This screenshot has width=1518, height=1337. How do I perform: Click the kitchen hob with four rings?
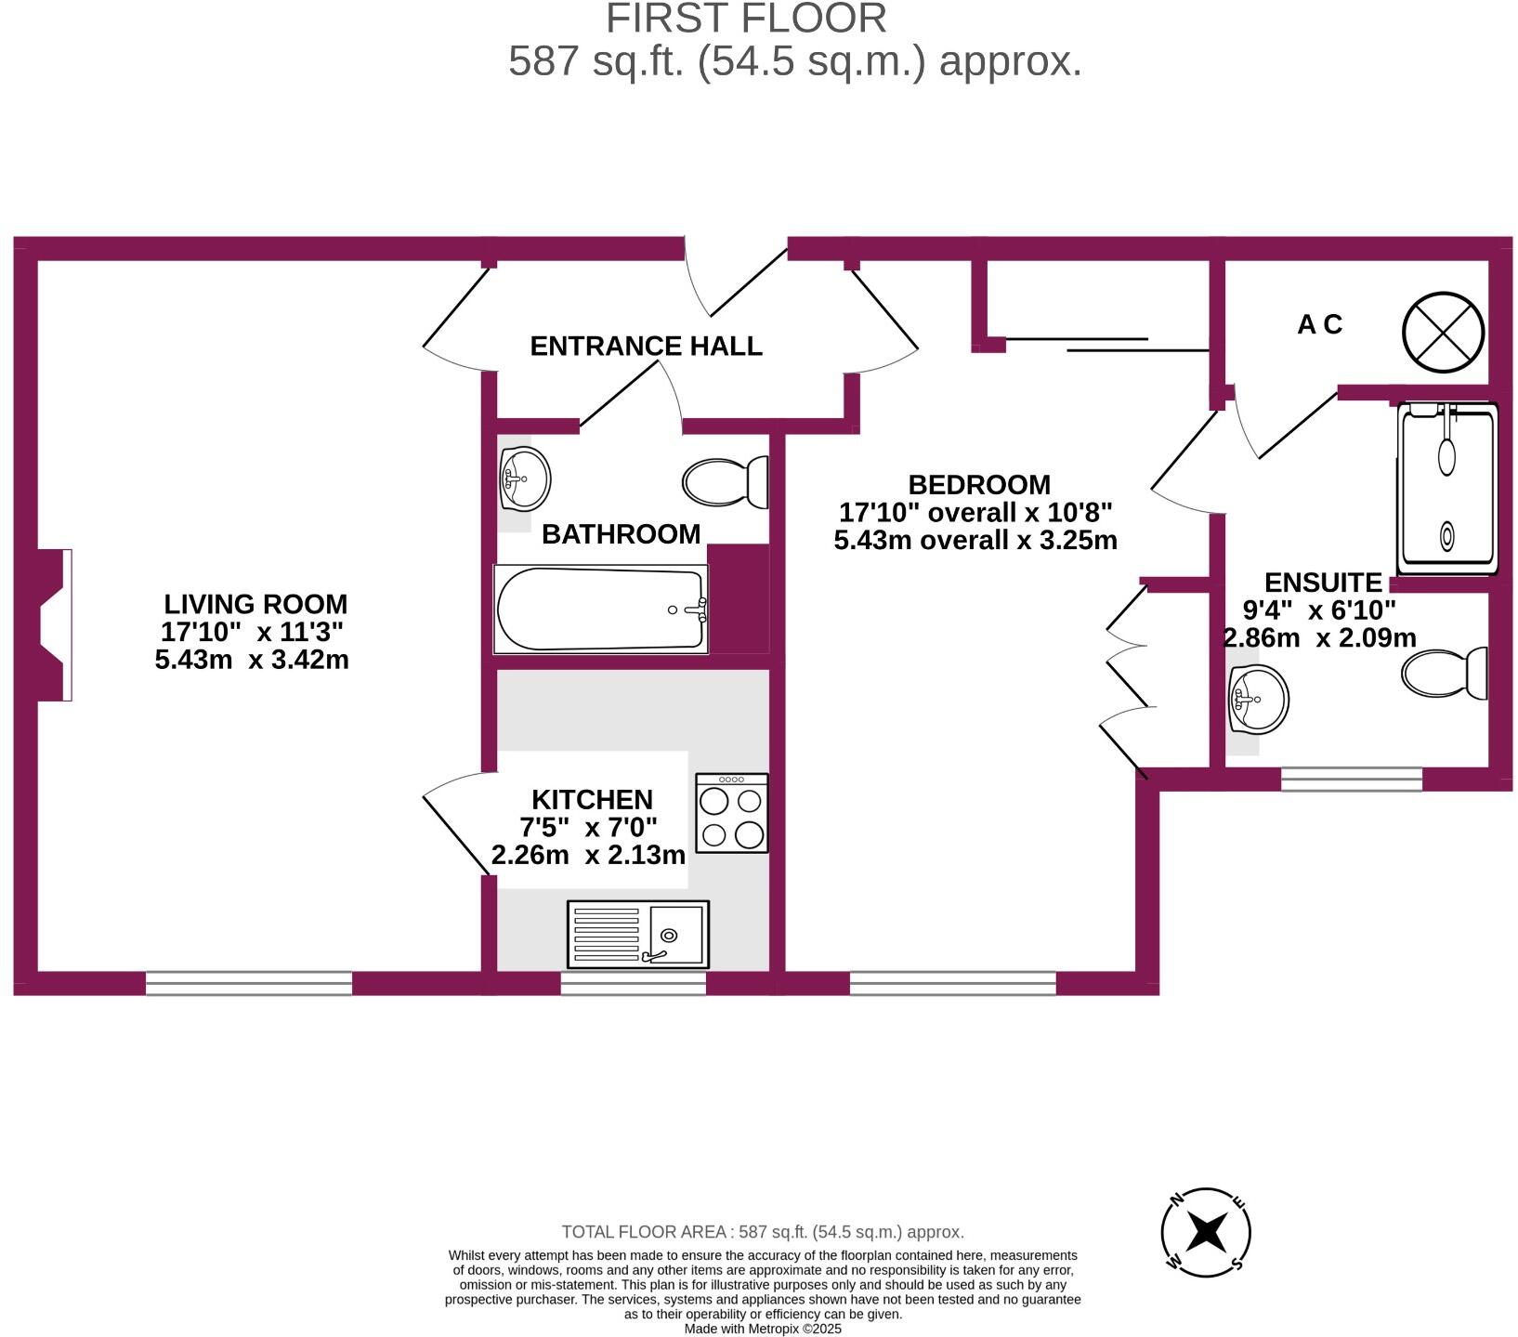[732, 813]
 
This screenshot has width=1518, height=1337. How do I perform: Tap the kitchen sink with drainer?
[637, 934]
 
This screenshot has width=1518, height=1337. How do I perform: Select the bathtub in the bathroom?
[601, 610]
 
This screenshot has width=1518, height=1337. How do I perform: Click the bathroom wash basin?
[524, 478]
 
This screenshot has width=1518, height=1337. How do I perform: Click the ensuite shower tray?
[1447, 489]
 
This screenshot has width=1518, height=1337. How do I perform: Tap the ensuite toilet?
[1446, 673]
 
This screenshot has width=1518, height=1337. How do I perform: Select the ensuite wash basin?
[1258, 700]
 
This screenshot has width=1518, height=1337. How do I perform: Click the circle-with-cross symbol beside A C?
[1443, 332]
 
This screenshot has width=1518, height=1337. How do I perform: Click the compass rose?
[1206, 1233]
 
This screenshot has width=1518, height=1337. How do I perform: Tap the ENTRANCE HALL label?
[646, 346]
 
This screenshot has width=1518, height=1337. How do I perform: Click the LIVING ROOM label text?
[255, 604]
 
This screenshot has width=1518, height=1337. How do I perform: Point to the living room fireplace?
[55, 624]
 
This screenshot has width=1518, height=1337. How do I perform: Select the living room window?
[249, 983]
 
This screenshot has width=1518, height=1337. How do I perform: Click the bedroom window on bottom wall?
[952, 983]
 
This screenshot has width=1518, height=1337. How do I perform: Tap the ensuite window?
[1351, 779]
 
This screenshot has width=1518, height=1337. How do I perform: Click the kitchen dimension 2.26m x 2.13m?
[588, 855]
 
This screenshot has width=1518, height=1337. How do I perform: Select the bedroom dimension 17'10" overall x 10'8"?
[975, 512]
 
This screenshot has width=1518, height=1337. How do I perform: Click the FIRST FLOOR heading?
[746, 19]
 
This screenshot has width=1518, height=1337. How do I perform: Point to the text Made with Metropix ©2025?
[763, 1329]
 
